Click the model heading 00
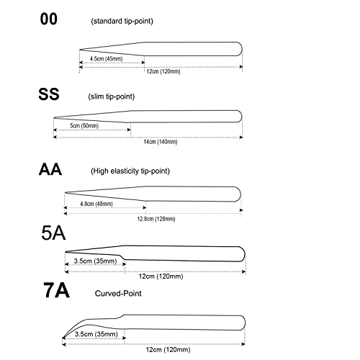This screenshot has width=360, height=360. tap(49, 19)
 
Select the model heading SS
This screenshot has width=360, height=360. tap(49, 94)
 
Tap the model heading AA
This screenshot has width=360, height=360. tap(50, 169)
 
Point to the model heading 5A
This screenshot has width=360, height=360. tap(53, 233)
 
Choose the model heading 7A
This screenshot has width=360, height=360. tap(56, 290)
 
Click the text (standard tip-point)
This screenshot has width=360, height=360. tap(122, 21)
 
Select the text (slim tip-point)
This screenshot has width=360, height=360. tap(112, 96)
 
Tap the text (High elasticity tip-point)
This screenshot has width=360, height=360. tap(130, 171)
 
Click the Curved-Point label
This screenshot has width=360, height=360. tap(118, 293)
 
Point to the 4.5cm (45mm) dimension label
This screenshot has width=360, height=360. tap(106, 59)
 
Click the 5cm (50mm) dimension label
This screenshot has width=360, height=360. tap(84, 125)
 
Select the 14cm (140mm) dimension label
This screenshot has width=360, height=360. tap(161, 142)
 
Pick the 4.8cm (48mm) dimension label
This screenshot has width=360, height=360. tap(96, 204)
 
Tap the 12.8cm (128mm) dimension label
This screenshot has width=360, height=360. tap(156, 219)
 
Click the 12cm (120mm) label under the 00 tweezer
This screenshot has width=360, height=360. tap(163, 71)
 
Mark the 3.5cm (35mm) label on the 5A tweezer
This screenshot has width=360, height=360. tap(95, 261)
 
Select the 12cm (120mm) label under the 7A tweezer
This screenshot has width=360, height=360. tap(168, 349)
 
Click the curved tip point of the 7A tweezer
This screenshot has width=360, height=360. tap(63, 338)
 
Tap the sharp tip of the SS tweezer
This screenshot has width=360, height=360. tap(54, 118)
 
